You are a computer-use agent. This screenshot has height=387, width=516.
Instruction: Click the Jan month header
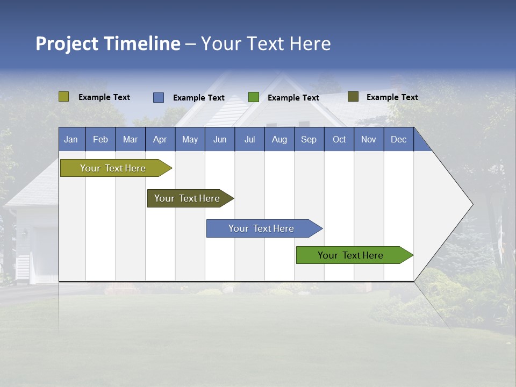[71, 139]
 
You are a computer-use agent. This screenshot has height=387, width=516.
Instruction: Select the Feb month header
[101, 139]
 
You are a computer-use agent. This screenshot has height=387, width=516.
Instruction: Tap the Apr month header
[160, 139]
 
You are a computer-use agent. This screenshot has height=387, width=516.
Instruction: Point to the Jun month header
[219, 139]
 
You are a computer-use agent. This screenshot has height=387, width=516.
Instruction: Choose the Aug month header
[279, 139]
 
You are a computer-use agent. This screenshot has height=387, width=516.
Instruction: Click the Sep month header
[309, 139]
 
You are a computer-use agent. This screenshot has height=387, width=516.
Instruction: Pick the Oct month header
[339, 139]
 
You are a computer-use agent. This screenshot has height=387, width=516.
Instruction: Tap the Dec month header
[398, 139]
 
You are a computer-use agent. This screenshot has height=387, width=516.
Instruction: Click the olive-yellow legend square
[63, 97]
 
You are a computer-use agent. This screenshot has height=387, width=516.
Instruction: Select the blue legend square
[159, 97]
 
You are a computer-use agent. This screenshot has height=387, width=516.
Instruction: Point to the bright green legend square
[254, 97]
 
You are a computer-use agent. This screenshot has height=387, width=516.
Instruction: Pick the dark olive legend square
[353, 97]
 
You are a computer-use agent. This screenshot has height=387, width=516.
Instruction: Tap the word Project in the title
[67, 44]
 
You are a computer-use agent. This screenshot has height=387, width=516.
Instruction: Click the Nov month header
[369, 139]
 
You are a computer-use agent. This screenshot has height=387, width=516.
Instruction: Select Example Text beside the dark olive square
[392, 97]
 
